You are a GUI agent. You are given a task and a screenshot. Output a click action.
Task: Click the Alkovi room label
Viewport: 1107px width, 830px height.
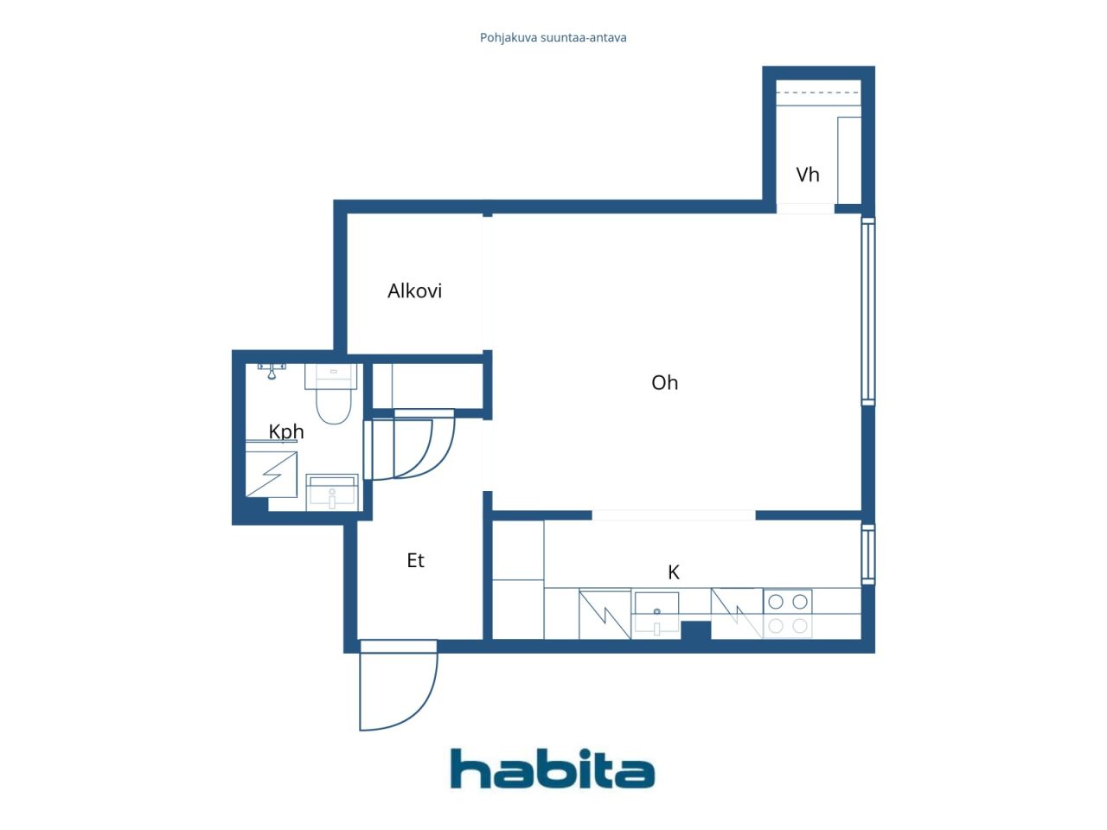point(414,290)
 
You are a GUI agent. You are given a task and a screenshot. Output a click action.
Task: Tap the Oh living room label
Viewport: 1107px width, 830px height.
point(664,382)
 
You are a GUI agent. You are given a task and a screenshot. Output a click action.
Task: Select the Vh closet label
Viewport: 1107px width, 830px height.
point(807,175)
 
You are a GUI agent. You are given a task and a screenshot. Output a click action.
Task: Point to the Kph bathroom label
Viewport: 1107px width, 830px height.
point(285,431)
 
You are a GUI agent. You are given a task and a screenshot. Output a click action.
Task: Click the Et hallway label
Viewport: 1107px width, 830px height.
point(415,560)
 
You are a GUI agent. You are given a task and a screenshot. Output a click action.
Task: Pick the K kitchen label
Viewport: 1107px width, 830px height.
point(674,571)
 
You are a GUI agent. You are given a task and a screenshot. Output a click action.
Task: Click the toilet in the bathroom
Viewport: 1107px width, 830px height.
point(333,398)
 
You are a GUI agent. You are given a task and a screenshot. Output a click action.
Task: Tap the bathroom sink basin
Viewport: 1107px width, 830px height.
point(332,493)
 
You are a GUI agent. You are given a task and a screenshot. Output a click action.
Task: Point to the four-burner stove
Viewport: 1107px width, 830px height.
point(787,613)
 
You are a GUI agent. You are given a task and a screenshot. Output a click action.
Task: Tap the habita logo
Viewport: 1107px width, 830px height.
point(552,769)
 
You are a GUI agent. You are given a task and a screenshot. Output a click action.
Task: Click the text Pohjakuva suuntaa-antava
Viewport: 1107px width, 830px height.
point(553,38)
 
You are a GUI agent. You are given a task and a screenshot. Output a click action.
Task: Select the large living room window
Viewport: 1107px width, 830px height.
point(867,311)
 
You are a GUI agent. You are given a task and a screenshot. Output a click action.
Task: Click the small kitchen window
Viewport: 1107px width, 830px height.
point(867,553)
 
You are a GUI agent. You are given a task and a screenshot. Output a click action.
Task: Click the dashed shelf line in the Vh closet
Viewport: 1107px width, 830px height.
point(818,93)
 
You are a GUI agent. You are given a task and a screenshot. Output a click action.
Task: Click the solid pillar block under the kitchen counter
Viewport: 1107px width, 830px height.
point(695,630)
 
